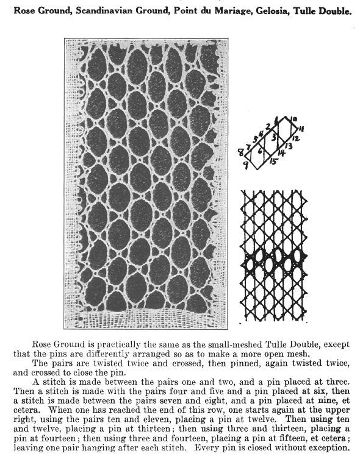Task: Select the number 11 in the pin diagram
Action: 301,128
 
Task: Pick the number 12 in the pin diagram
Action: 295,139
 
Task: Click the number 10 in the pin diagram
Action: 294,118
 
